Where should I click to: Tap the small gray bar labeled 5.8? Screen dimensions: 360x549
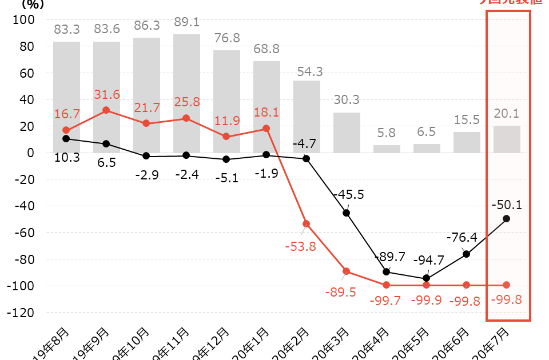[387, 149]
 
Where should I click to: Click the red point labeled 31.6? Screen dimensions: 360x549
[106, 110]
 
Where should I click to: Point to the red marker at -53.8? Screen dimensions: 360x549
[307, 224]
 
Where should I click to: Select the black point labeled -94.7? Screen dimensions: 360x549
[427, 279]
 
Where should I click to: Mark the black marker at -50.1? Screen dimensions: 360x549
[507, 219]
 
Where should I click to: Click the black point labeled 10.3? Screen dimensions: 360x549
[66, 139]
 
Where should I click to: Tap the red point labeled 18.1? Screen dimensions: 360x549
[266, 129]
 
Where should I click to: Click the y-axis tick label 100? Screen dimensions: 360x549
[23, 19]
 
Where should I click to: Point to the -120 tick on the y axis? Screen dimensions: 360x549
[21, 313]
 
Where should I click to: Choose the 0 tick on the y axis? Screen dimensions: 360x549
[30, 153]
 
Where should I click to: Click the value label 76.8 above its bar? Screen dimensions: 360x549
[226, 38]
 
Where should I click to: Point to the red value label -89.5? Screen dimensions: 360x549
[340, 293]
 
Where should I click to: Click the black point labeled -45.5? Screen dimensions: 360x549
[347, 213]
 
